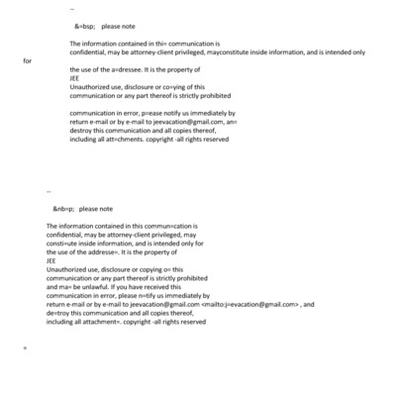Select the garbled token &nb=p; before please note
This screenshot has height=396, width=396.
[63, 209]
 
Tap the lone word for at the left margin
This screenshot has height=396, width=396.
[28, 60]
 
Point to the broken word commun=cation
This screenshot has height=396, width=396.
[163, 227]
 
